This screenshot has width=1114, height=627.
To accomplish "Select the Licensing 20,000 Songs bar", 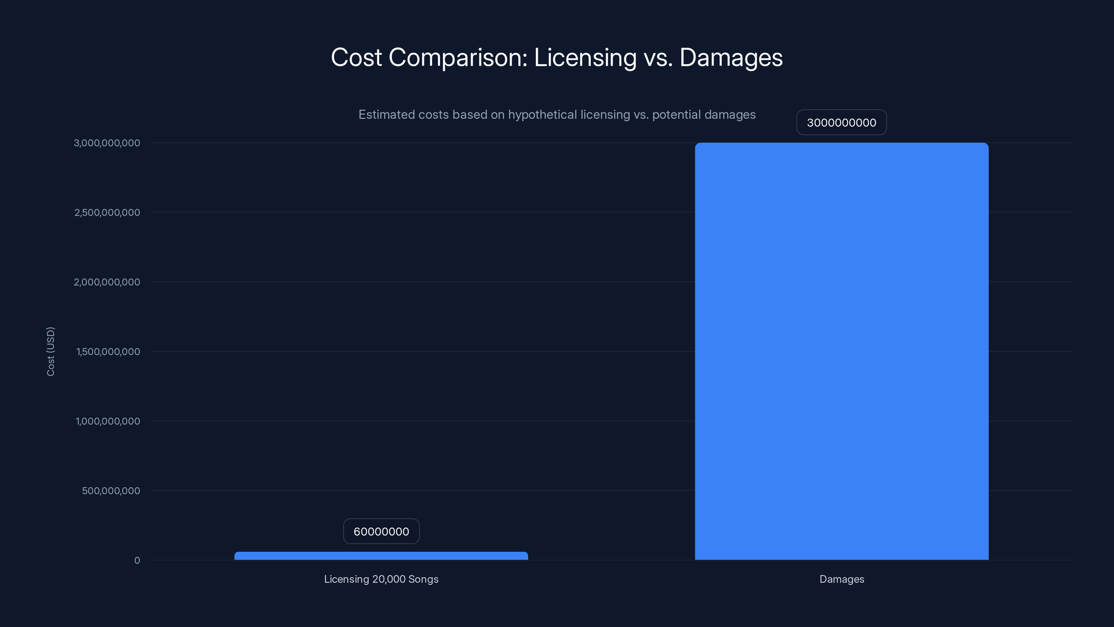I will pos(381,556).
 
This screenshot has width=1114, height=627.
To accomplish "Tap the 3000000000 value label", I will pos(841,123).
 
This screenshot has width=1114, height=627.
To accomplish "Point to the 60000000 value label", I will pos(381,531).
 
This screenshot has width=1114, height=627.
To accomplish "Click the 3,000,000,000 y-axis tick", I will pos(107,143).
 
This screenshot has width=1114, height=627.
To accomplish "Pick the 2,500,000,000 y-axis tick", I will pos(107,212).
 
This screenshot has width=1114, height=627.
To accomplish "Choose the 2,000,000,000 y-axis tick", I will pos(107,282).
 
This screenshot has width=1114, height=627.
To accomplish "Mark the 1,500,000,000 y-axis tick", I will pos(108,352).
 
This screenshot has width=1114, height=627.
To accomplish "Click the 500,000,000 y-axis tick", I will pos(111,491).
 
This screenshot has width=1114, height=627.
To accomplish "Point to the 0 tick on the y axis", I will pos(137,560).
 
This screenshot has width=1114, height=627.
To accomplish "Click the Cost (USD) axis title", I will pos(50,351).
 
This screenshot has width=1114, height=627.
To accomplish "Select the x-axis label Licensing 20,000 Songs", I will pos(381,579).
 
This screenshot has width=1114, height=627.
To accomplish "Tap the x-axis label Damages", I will pos(841,579).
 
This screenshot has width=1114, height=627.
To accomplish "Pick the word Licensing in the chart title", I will pos(585,57).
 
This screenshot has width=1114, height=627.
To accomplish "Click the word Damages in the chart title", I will pos(731,57).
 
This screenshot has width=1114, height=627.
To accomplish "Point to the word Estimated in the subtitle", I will pos(389,115).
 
